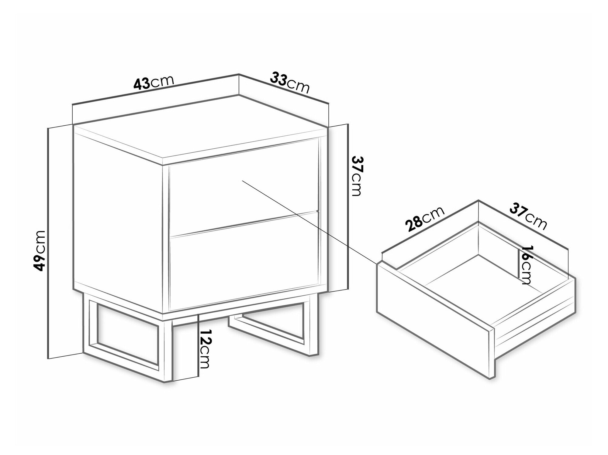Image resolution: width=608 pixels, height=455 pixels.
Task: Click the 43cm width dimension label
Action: pos(154,83)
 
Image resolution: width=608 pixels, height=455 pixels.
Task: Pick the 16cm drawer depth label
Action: pos(525,265)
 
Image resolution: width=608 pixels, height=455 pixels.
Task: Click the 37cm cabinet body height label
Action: pos(356,176)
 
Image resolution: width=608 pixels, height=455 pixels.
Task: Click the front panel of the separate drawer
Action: pos(433,307)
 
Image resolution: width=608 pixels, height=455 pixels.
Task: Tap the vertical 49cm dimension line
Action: pos(49,243)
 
